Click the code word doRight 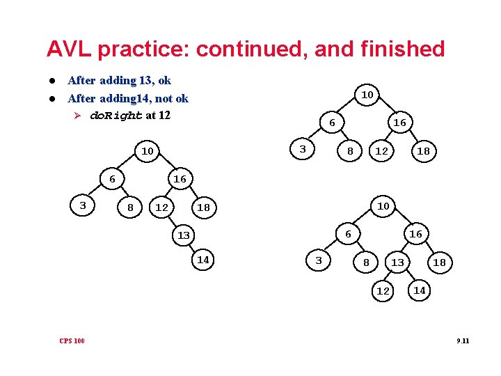(x=116, y=116)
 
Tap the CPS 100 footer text (x=72, y=340)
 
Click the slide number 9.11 (x=463, y=340)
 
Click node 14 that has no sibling (x=203, y=260)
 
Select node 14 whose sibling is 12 (x=419, y=290)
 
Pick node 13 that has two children (x=397, y=262)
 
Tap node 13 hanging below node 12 (x=183, y=235)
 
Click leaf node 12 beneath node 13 (x=383, y=291)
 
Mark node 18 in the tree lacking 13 (x=423, y=151)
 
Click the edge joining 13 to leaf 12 (x=390, y=276)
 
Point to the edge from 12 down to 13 (x=171, y=221)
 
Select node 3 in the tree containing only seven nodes (x=302, y=150)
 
